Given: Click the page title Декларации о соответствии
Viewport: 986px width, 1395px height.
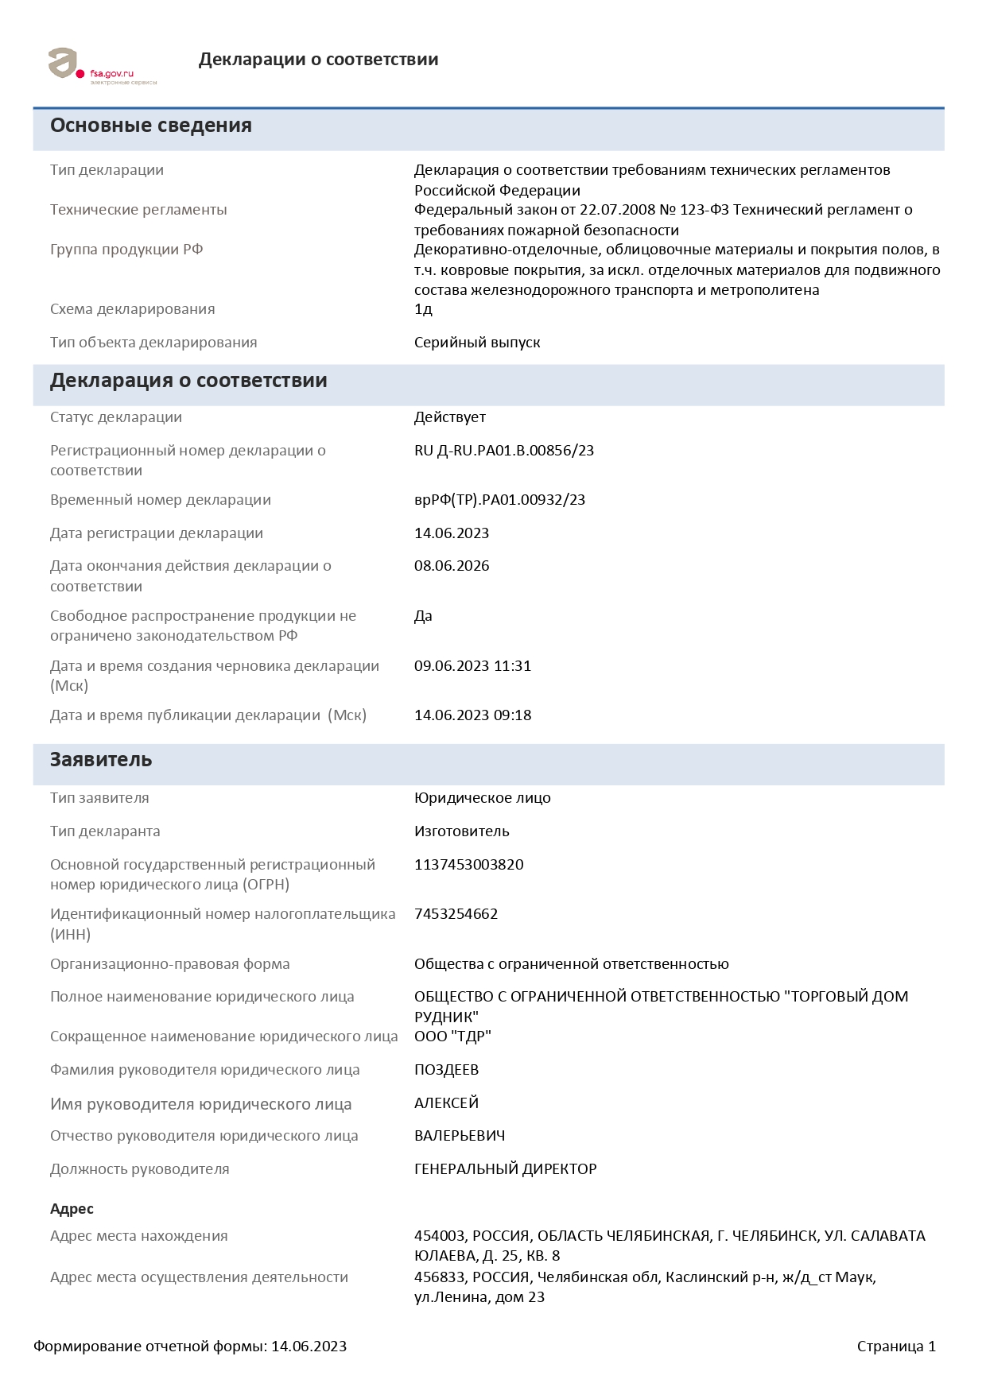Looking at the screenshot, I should click(x=318, y=60).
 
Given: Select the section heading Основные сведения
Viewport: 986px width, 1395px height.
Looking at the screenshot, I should click(x=151, y=126).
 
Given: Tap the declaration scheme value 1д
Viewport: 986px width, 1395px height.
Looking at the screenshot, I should click(x=423, y=309).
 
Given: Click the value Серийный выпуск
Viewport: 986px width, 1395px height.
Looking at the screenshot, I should click(x=477, y=343).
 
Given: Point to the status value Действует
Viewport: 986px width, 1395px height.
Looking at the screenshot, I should click(x=449, y=417).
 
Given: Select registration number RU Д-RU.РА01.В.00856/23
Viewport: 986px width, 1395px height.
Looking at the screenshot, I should click(x=504, y=451).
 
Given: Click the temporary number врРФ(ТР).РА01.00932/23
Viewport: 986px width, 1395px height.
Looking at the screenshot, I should click(x=499, y=500).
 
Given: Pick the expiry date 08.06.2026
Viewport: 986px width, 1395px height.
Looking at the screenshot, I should click(x=452, y=566).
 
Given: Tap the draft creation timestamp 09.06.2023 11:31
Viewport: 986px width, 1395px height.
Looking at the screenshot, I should click(x=472, y=666).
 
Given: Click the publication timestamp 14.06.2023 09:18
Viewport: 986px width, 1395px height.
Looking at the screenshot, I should click(x=472, y=715).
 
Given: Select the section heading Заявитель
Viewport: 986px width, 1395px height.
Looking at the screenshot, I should click(x=101, y=760).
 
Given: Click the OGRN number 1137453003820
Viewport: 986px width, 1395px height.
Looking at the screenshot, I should click(x=468, y=865).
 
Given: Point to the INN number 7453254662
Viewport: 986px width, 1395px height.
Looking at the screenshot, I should click(x=456, y=914).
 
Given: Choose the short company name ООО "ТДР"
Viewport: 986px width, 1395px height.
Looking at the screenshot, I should click(x=452, y=1037).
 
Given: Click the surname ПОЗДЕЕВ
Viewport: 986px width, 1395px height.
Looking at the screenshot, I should click(x=446, y=1070).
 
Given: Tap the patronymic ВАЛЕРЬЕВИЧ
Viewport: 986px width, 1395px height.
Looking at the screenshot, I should click(x=460, y=1136).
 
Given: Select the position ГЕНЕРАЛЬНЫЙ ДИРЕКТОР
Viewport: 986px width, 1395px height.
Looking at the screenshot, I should click(x=505, y=1169).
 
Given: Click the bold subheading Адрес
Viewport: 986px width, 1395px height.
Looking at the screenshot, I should click(x=72, y=1209).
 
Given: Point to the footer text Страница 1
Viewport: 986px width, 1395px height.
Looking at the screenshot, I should click(x=896, y=1347).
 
